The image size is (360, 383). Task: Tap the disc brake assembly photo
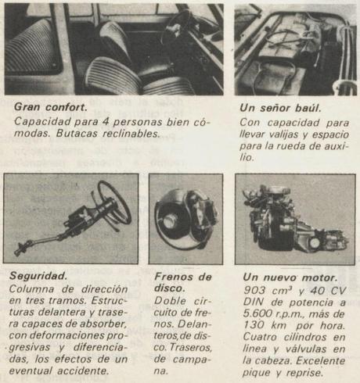tap(186, 217)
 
